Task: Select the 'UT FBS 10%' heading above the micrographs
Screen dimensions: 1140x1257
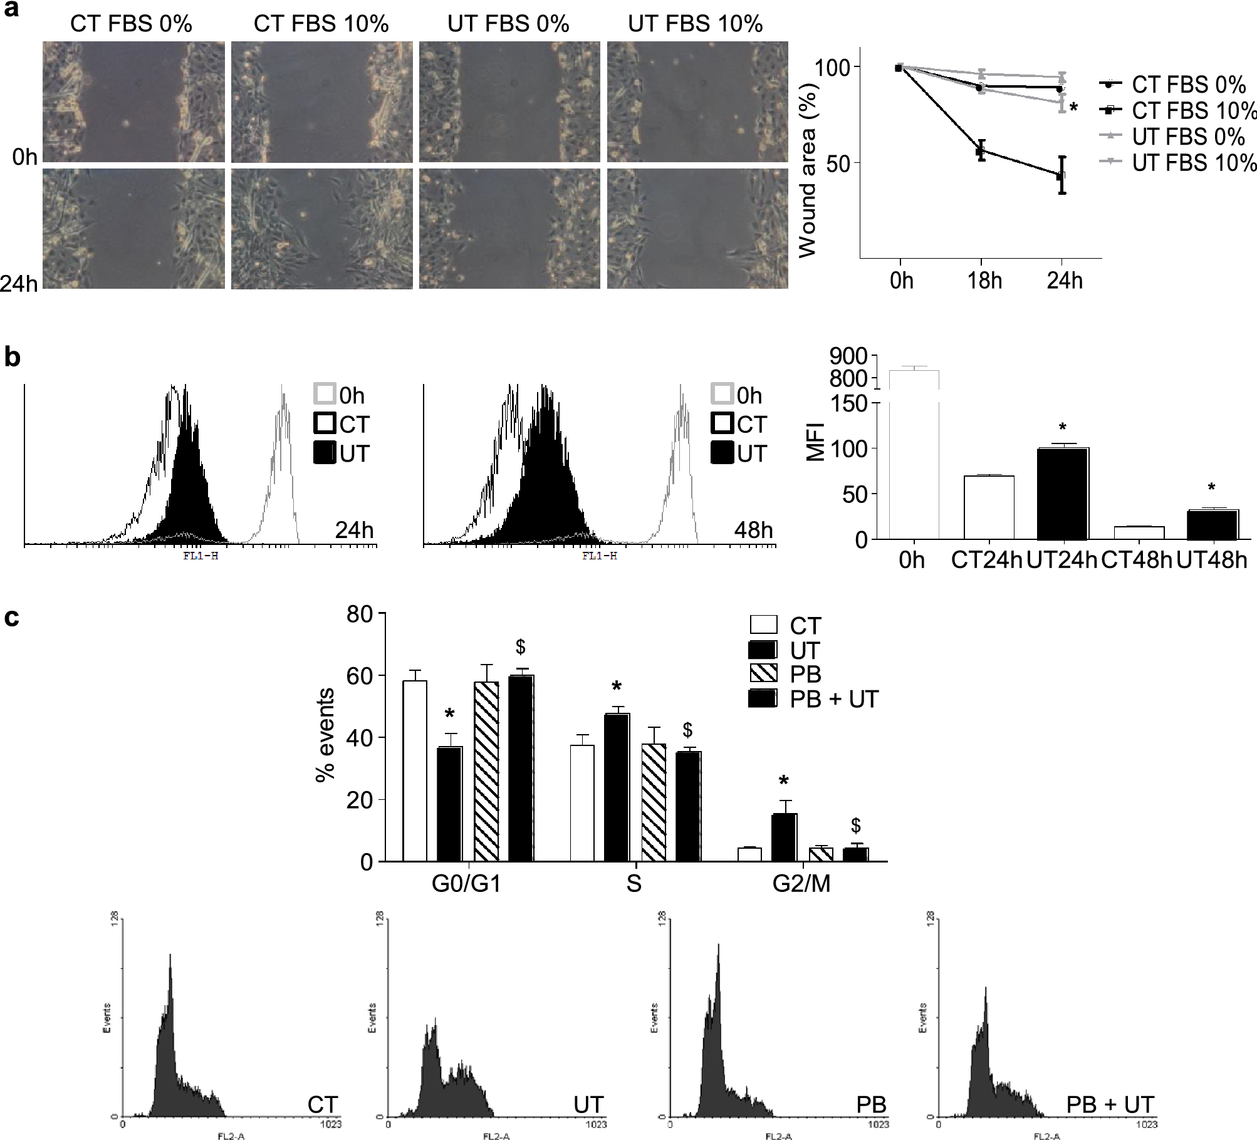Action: [696, 24]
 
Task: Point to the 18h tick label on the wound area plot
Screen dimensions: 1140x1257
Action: [984, 281]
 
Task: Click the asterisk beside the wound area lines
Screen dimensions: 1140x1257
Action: [1073, 108]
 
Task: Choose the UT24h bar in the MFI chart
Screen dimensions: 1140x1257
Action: [1063, 493]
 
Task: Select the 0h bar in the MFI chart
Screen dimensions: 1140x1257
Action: [914, 454]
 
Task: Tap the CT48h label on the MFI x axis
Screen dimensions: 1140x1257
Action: [1136, 559]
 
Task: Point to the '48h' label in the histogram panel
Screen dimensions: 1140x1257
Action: [753, 530]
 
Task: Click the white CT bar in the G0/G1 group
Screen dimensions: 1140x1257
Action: [415, 771]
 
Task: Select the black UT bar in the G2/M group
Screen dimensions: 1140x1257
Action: [784, 837]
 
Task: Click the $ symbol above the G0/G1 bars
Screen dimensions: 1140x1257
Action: [520, 646]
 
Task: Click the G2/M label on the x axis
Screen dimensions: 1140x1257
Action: [801, 883]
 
